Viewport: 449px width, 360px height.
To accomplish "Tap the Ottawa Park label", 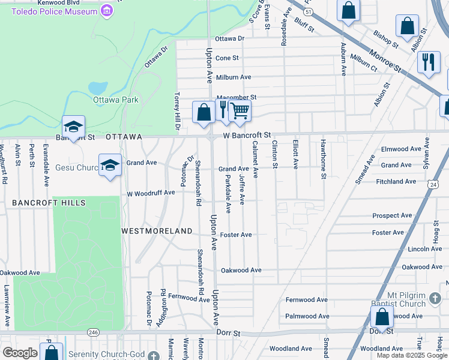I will [x=115, y=100].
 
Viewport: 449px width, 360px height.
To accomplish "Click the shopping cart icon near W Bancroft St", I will [x=240, y=110].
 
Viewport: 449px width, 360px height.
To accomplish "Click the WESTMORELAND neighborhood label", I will [x=157, y=231].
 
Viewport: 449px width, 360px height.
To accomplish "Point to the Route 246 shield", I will [x=93, y=332].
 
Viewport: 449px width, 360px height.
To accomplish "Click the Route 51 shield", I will [x=308, y=11].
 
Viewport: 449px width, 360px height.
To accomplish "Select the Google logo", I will [x=20, y=353].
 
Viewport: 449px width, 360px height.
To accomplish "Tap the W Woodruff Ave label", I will [x=151, y=193].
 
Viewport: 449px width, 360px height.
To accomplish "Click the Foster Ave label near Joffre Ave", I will [x=236, y=235].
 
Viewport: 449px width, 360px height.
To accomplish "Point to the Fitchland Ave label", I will [x=396, y=181].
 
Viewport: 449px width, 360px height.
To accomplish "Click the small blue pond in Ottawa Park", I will [x=98, y=88].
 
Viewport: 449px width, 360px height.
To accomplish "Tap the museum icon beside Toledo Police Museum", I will [x=107, y=11].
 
